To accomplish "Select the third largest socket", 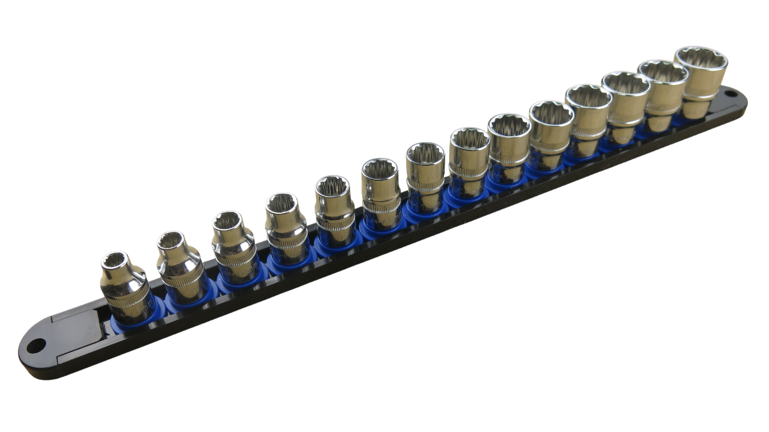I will (625, 102).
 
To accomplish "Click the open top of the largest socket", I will (701, 59).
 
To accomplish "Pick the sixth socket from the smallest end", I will (380, 192).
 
